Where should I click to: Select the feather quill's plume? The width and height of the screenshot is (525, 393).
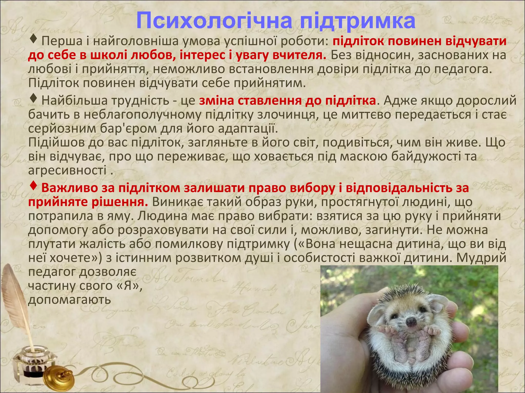click(15, 294)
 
